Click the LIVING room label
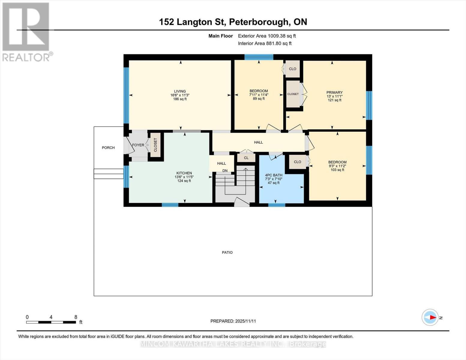180,91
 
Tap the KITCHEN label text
184,173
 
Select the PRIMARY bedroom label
334,92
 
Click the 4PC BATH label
274,175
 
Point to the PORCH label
108,148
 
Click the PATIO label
227,252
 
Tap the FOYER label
138,145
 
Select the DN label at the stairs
225,171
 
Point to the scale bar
51,322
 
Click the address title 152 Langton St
233,22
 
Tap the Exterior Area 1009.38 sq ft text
267,36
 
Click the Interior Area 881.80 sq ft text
265,43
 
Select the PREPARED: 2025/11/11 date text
233,321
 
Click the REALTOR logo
26,31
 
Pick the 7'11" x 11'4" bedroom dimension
259,95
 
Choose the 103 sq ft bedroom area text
337,170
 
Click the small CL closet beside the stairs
246,158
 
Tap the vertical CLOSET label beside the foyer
155,145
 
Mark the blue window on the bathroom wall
276,205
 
